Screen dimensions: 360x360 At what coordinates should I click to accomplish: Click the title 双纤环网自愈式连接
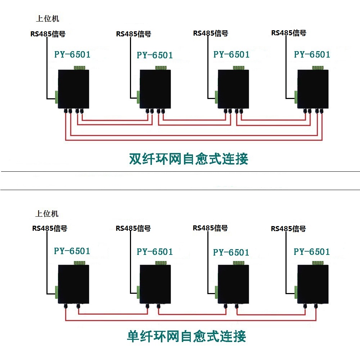tap(189, 159)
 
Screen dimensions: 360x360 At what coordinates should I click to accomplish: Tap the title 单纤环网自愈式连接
tap(186, 336)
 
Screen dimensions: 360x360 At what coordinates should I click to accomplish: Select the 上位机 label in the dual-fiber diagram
tap(48, 19)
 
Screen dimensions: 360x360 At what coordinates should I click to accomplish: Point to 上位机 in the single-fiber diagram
tap(47, 214)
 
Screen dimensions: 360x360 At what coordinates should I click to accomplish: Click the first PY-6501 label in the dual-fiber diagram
tap(72, 54)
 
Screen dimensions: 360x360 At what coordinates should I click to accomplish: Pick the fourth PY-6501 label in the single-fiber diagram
tap(312, 252)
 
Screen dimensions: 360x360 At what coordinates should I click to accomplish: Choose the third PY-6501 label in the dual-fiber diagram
tap(231, 54)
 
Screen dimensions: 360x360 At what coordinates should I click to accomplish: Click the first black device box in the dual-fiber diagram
tap(73, 89)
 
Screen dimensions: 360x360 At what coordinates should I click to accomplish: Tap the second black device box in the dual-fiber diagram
tap(155, 89)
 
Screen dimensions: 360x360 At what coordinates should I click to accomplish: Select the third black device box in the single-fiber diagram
tap(233, 284)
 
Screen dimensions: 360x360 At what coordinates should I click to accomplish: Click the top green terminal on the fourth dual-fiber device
tap(318, 68)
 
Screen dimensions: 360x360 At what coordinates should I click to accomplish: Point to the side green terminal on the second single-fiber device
tap(138, 292)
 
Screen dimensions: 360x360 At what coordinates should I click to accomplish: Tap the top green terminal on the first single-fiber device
tap(80, 263)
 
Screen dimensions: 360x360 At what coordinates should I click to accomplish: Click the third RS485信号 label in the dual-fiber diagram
tap(211, 33)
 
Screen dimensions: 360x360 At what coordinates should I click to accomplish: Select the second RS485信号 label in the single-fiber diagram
tap(133, 229)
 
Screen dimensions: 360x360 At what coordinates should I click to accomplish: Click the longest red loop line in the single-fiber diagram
tap(190, 320)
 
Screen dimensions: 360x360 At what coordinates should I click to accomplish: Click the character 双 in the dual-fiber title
tap(135, 159)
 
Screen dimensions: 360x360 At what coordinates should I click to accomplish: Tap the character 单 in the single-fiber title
tap(133, 336)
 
